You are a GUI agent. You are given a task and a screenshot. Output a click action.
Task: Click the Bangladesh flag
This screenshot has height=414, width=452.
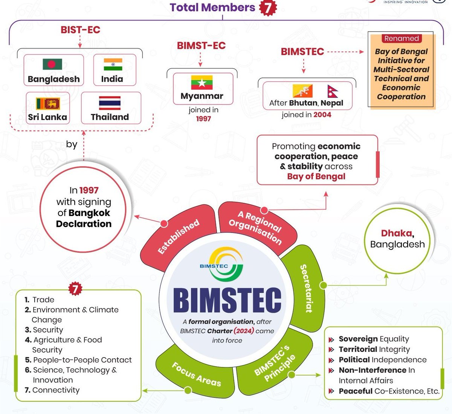(x=52, y=64)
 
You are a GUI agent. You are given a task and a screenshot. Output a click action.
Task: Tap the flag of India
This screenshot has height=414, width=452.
(x=113, y=64)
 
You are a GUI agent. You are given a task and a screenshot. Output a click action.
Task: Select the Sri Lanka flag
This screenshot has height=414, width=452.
(x=48, y=103)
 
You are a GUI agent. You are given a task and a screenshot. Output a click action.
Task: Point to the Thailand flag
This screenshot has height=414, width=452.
(x=110, y=103)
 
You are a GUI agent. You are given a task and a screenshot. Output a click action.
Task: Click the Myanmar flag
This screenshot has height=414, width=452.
(x=202, y=82)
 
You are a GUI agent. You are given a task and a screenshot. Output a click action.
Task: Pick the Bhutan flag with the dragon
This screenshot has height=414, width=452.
(x=302, y=91)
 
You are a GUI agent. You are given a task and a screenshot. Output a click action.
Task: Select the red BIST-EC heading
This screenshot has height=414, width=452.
(x=80, y=30)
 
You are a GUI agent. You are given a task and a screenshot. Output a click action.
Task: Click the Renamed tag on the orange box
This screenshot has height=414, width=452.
(x=401, y=38)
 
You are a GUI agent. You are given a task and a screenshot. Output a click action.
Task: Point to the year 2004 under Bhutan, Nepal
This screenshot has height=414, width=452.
(x=322, y=115)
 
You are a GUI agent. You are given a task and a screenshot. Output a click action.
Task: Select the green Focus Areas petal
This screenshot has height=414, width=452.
(x=196, y=374)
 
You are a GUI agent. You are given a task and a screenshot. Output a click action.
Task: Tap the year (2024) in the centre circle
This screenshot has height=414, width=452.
(x=243, y=331)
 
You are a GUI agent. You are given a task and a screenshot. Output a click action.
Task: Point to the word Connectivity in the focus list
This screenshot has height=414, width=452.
(x=56, y=390)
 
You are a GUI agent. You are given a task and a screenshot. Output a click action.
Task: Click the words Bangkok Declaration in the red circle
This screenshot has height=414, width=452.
(x=84, y=218)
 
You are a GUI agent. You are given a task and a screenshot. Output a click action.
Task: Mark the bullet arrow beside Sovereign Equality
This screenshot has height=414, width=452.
(x=331, y=339)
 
